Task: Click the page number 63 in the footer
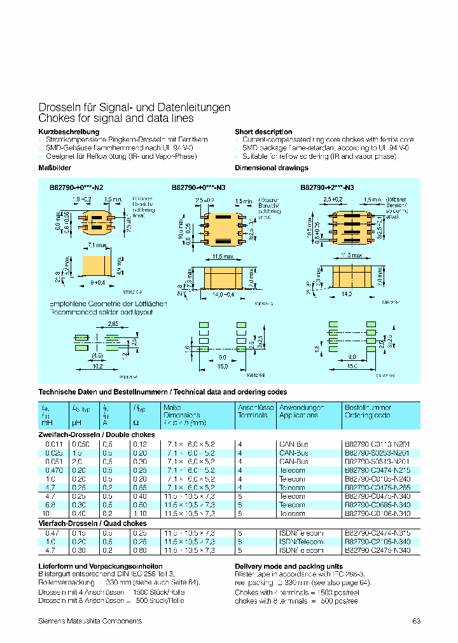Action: pos(417,621)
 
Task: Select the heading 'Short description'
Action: pos(263,132)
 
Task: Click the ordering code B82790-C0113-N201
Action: pos(377,443)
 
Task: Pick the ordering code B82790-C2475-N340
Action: pos(377,550)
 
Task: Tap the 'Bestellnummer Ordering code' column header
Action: pos(368,411)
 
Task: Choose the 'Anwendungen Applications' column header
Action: pos(301,411)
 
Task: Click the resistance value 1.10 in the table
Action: pos(140,513)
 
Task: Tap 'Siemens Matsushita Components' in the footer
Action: pos(90,621)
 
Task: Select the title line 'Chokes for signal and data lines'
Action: pos(116,119)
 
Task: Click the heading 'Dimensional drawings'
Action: pos(272,168)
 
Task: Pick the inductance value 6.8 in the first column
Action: pos(45,504)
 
